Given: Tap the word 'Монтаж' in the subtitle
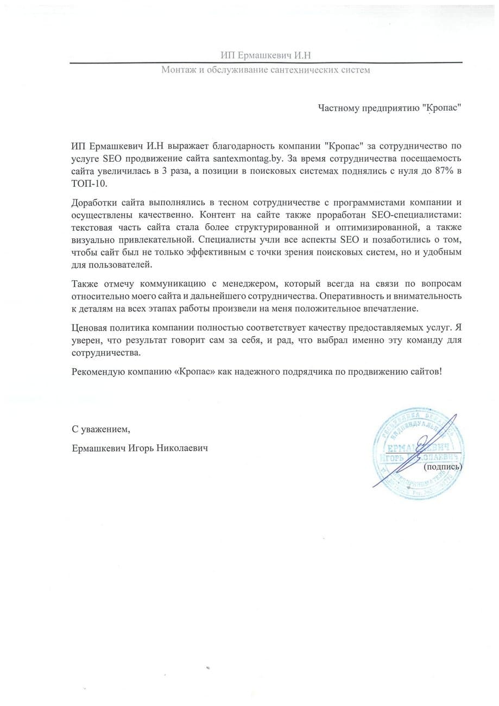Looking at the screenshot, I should tap(178, 71).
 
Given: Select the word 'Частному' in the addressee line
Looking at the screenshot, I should tap(336, 108).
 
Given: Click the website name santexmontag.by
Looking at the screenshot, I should tap(244, 157).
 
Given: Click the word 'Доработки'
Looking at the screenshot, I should tap(91, 204).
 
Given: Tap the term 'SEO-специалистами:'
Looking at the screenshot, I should tap(417, 215).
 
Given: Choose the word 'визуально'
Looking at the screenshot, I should tap(90, 239).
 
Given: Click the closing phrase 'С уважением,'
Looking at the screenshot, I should tap(101, 429).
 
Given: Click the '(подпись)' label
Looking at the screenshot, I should tap(442, 466).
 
